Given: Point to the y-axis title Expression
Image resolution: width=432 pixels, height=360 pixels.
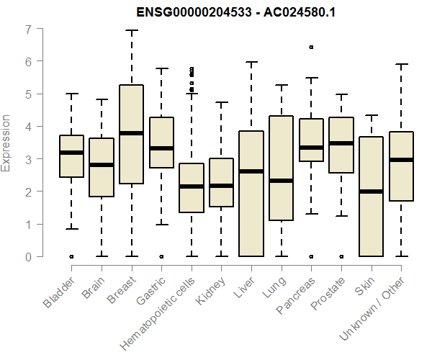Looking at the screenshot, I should [x=6, y=143].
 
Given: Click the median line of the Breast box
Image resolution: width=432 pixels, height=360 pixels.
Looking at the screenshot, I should [x=131, y=133].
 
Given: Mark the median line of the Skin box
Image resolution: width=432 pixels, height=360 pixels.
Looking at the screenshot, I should [x=371, y=192].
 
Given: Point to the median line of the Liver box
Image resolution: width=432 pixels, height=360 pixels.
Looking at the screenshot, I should [x=251, y=171].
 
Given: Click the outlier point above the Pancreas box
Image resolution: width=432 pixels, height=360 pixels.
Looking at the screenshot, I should [x=311, y=47].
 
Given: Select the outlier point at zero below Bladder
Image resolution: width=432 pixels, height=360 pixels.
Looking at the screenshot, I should [x=71, y=256].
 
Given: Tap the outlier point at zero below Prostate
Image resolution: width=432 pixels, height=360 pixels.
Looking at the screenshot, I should [x=341, y=256].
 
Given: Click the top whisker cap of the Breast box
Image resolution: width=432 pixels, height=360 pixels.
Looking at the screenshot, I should [x=131, y=31].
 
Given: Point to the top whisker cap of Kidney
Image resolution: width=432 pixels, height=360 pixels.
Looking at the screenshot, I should [x=221, y=102].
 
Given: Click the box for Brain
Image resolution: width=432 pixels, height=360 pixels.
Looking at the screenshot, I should [x=101, y=167].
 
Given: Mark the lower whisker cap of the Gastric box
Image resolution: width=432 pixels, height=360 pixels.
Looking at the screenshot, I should [x=161, y=225].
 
